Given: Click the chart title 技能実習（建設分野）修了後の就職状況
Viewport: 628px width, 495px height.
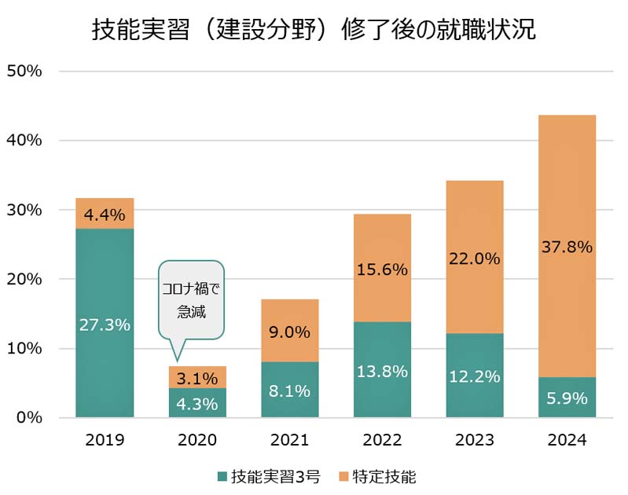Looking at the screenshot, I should (x=314, y=30).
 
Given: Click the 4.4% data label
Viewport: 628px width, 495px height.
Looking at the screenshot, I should (x=105, y=214).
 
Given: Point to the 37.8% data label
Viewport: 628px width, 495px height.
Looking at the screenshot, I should (x=567, y=247).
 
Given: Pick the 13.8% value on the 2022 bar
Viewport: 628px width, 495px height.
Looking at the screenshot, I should (x=382, y=372).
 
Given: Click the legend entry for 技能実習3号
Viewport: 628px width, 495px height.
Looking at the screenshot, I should (x=269, y=476).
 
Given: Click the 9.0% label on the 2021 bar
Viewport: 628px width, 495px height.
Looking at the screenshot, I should (x=290, y=332).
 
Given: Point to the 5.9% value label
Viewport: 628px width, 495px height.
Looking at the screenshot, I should (x=567, y=398).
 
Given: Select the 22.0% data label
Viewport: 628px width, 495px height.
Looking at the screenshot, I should (x=475, y=258).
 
